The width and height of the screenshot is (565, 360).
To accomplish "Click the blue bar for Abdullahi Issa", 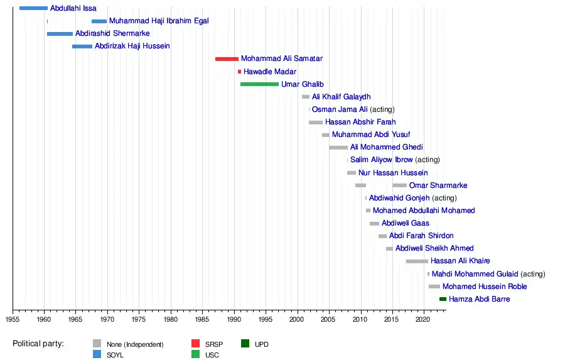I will click(33, 8).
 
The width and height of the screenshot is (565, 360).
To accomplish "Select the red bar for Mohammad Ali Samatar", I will click(227, 59).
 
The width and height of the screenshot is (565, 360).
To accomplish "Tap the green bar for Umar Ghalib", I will click(259, 84).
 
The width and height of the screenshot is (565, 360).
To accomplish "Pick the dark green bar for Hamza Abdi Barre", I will click(443, 299).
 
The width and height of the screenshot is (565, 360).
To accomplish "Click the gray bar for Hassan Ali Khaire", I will click(417, 261).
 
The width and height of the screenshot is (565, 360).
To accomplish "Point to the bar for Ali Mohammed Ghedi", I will click(338, 148).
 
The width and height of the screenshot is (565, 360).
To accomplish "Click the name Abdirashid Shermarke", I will click(112, 33).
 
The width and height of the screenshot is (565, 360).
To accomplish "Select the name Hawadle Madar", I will click(270, 72).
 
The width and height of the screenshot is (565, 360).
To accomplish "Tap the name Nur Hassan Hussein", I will click(393, 173).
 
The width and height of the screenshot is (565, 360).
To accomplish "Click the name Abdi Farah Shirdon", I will click(421, 236).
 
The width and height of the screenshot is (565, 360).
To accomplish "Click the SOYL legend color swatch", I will click(97, 355).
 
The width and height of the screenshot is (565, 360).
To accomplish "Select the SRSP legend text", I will click(214, 344).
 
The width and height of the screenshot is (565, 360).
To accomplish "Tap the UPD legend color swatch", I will click(245, 344).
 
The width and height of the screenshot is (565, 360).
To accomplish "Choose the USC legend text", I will click(212, 356).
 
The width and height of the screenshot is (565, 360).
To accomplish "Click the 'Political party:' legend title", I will click(38, 344).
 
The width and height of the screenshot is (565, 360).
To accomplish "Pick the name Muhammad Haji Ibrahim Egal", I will click(159, 21).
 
